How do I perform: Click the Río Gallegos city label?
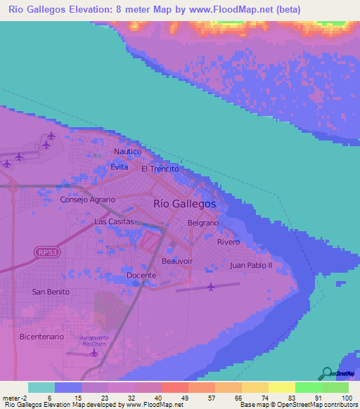[x=184, y=203]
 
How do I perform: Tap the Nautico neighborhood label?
[x=128, y=151]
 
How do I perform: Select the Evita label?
[x=120, y=167]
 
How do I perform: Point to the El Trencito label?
[x=160, y=169]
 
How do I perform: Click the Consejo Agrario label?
[x=87, y=199]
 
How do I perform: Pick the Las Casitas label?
[x=114, y=221]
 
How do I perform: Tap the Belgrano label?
[x=204, y=223]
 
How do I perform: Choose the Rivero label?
[x=229, y=242]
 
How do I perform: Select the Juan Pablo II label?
[x=251, y=266]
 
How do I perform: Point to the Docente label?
[x=141, y=275]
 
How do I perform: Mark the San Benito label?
[x=51, y=291]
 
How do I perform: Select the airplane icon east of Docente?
[x=212, y=286]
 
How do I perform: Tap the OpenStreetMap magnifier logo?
[x=326, y=374]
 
